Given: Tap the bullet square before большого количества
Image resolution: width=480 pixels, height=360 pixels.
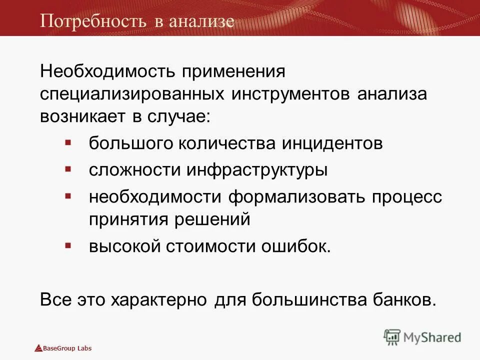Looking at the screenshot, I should click(68, 142).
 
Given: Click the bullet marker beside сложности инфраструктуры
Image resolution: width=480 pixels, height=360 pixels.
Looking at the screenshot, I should click(68, 168).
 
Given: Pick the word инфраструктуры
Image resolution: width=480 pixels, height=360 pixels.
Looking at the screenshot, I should click(257, 170).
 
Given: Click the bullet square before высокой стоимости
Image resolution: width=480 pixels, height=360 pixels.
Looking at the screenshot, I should click(68, 245).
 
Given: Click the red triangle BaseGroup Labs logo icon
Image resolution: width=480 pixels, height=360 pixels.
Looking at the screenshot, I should click(38, 348).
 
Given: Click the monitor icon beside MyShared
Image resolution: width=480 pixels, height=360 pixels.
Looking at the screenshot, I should click(392, 337).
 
